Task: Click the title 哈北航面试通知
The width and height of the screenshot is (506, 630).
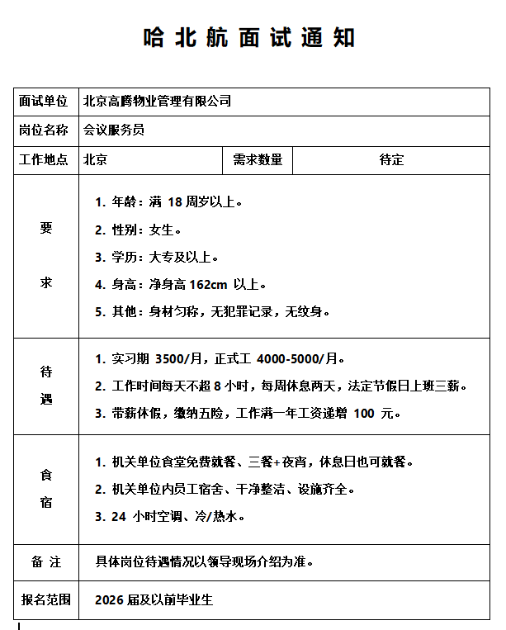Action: pos(249,37)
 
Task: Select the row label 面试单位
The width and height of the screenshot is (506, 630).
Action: pos(43,101)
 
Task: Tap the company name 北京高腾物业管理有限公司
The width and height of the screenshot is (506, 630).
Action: pos(157,101)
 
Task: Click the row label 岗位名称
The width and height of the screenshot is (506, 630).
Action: pos(43,130)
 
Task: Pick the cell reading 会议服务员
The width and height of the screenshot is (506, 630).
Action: pos(114,130)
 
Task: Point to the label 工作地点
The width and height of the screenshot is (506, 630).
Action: pos(43,159)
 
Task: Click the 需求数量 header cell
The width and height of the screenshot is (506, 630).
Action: pos(258,159)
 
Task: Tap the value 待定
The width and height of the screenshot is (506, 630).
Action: pos(391,159)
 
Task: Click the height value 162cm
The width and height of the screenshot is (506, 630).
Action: pos(208,285)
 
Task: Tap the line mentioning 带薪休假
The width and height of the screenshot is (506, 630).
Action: pos(248,413)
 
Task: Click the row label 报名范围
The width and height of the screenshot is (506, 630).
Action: pos(46,599)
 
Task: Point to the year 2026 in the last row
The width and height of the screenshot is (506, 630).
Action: pos(111,599)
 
